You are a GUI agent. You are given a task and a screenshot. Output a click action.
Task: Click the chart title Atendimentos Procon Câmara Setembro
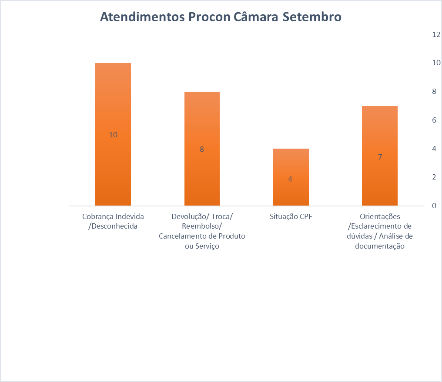click(221, 17)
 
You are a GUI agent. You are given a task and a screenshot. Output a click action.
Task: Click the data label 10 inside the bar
click(113, 135)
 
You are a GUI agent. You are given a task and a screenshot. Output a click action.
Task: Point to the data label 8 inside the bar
click(202, 149)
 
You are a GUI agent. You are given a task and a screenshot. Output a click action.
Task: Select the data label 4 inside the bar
click(290, 179)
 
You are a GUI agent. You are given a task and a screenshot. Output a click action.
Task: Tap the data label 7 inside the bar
click(380, 157)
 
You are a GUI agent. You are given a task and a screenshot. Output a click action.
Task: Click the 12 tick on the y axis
click(436, 34)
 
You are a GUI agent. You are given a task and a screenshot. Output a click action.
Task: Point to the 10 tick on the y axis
click(436, 63)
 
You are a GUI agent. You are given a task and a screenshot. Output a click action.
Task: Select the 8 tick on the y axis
click(434, 91)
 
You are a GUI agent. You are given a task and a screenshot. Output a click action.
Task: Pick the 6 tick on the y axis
click(434, 120)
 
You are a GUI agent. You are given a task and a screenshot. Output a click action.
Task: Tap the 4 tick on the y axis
click(434, 149)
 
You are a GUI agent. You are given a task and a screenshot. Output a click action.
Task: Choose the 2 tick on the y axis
click(434, 177)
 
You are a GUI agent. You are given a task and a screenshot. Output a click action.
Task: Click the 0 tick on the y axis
click(434, 206)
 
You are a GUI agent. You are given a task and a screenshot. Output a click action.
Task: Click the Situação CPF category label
click(291, 216)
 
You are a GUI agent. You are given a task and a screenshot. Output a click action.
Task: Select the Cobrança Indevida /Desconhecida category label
click(113, 221)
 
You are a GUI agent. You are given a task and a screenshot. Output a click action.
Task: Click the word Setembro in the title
click(312, 17)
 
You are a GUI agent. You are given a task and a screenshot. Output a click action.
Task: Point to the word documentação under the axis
click(380, 246)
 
